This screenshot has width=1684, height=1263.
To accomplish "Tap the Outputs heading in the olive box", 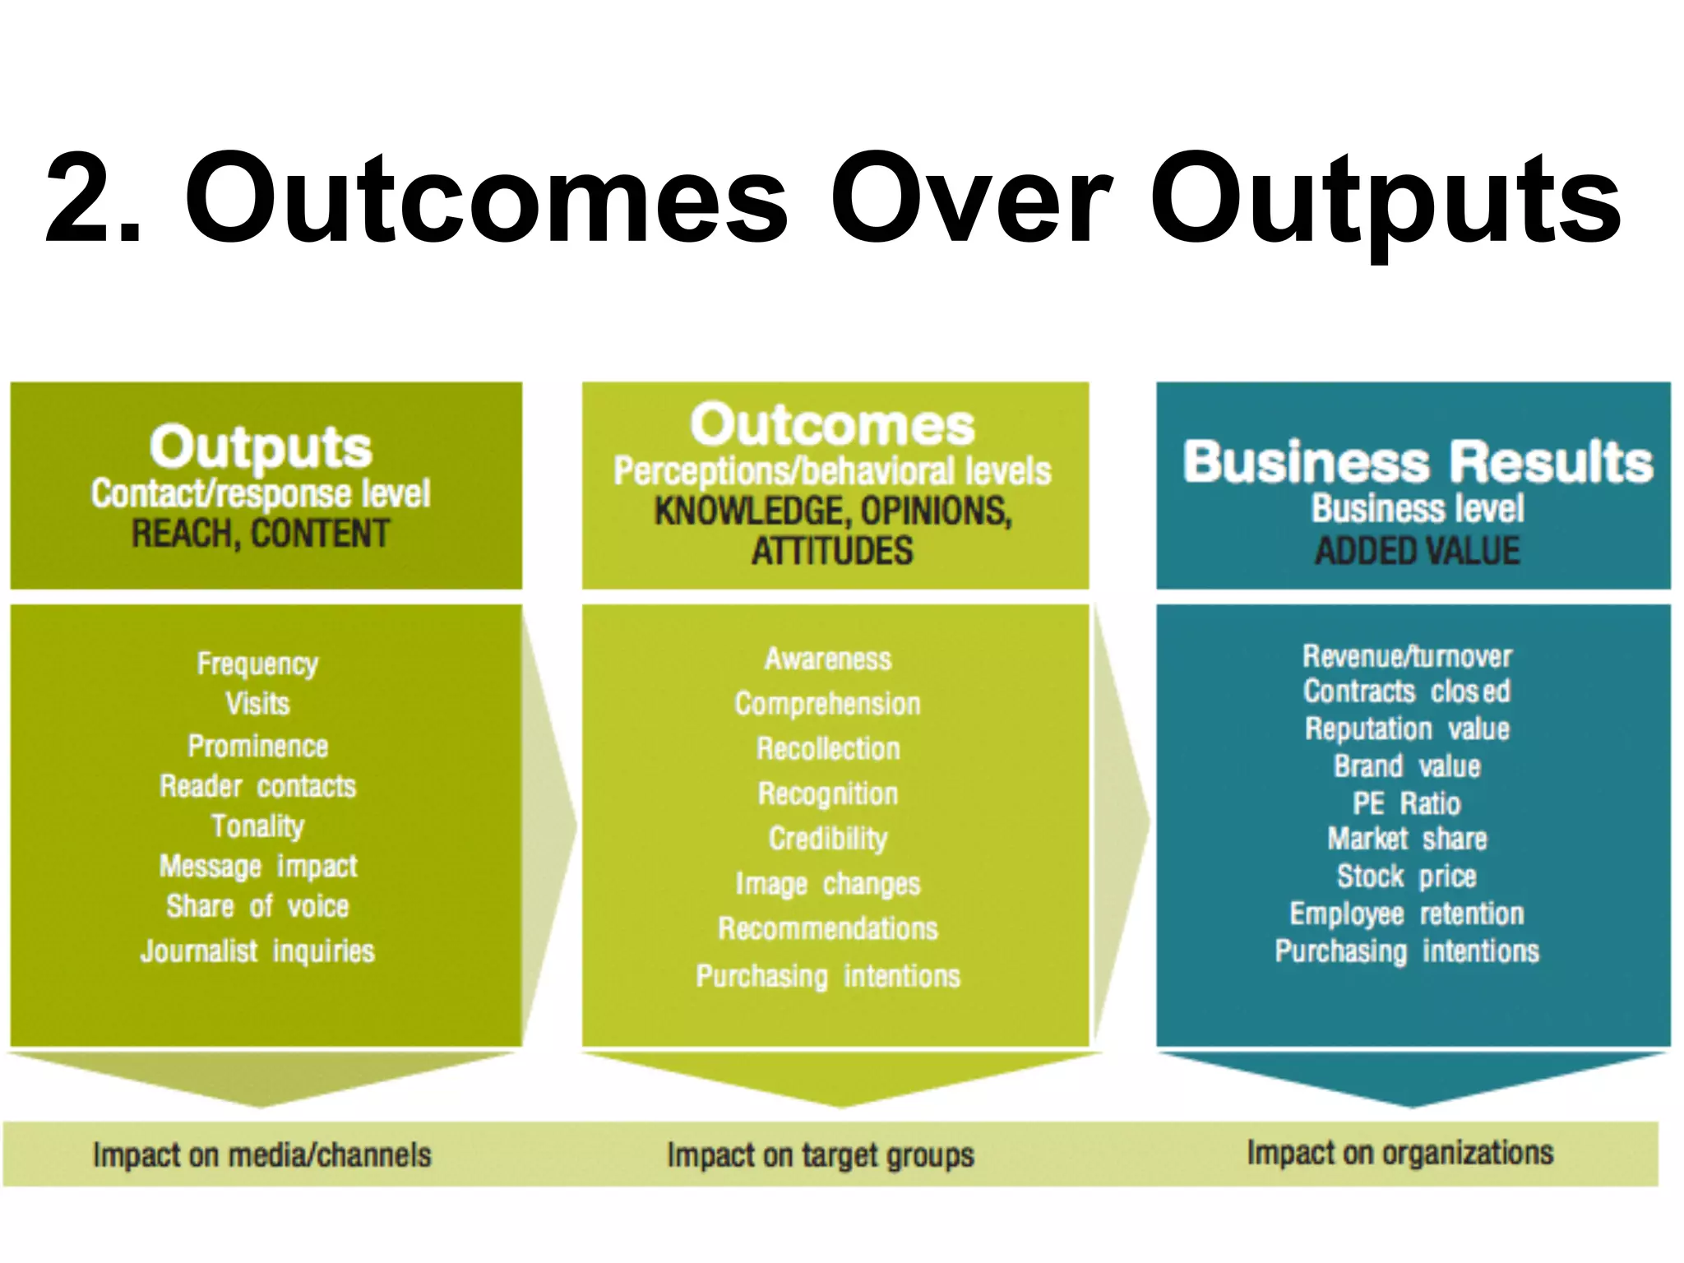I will point(261,446).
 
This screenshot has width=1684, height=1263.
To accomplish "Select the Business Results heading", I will point(1418,461).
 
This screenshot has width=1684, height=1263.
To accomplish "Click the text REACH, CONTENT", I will point(261,534).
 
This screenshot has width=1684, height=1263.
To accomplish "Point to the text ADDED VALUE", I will point(1417,551).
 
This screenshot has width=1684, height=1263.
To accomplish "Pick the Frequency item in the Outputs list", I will point(257,664).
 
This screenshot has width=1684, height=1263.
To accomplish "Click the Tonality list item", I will point(257,826).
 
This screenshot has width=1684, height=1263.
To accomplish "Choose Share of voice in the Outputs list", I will point(257,906).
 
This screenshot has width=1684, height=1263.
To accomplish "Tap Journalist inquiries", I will point(257,951).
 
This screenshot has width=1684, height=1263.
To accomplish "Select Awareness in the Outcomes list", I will point(828,659).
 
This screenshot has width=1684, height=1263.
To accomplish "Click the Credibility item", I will point(828,839).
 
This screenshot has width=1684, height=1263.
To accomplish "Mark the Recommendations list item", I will point(828,929).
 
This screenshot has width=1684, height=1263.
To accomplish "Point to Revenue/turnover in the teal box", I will point(1407,656).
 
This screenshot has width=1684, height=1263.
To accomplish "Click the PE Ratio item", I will point(1407,803).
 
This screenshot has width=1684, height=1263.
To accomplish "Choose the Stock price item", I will point(1407,877).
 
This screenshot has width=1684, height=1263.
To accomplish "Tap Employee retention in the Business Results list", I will point(1407,914).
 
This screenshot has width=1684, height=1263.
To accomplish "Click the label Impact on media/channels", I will point(261,1155).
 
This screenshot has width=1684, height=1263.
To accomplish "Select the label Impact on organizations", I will point(1399,1153).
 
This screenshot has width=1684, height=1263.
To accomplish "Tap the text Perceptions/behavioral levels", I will point(832,471).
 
